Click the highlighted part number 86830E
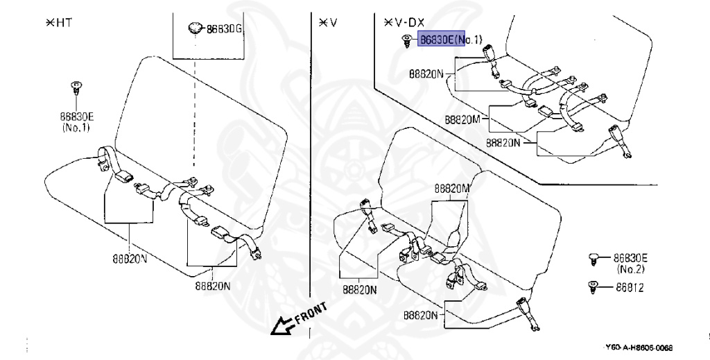click(436, 40)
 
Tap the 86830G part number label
click(225, 30)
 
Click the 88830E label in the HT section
click(74, 117)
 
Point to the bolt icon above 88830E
click(76, 89)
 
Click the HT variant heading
click(59, 22)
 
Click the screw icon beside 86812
click(594, 286)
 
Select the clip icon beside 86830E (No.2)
click(593, 258)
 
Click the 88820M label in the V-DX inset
click(463, 119)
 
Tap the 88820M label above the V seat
click(452, 189)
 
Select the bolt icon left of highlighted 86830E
click(406, 42)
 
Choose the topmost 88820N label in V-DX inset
click(426, 72)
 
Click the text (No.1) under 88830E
click(75, 128)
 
